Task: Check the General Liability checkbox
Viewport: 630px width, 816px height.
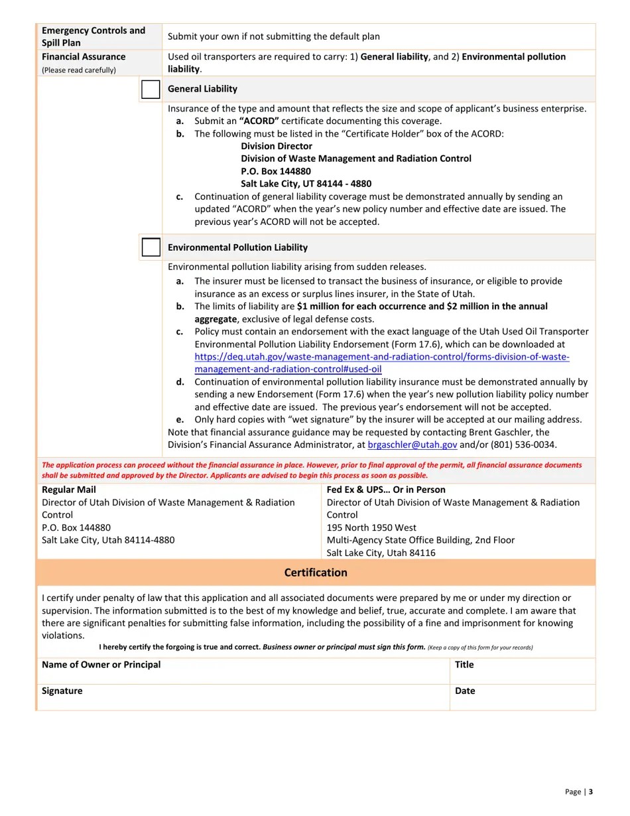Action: coord(151,89)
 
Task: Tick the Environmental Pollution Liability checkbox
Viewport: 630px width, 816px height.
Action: coord(151,247)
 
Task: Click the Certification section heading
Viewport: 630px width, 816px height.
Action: coord(316,573)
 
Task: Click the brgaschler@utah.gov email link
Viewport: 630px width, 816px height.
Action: coord(412,445)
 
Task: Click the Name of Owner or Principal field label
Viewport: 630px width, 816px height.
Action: coord(101,665)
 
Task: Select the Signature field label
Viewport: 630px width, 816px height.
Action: coord(62,691)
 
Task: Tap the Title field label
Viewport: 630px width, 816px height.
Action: coord(464,665)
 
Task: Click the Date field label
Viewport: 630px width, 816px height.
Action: coord(465,691)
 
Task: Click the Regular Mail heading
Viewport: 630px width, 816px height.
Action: coord(68,490)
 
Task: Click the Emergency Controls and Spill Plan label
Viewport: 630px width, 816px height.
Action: coord(93,36)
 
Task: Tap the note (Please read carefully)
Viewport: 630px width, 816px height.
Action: coord(78,70)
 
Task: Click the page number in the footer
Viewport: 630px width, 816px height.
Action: coord(590,791)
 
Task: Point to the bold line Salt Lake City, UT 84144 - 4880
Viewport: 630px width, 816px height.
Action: coord(306,184)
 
